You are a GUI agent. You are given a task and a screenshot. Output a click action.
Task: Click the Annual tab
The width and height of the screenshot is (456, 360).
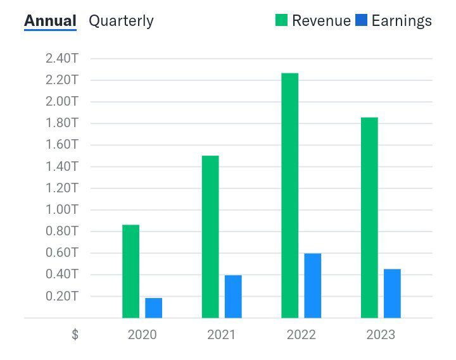click(x=50, y=20)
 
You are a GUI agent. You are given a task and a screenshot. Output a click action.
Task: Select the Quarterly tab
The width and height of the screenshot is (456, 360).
click(x=121, y=20)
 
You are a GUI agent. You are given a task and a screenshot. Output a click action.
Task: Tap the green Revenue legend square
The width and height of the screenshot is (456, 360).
click(x=281, y=20)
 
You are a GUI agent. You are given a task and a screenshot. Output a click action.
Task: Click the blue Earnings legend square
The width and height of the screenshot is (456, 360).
click(x=361, y=20)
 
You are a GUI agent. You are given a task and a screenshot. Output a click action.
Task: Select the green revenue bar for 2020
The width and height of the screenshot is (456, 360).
click(x=130, y=271)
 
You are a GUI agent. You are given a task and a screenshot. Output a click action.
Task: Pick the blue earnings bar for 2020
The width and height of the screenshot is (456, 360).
click(x=154, y=307)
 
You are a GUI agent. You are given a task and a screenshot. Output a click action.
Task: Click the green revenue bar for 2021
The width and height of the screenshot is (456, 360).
click(x=210, y=237)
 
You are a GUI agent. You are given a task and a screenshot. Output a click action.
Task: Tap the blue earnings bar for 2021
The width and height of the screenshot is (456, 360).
click(x=233, y=296)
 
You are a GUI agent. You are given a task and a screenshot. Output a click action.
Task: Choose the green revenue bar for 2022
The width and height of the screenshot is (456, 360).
click(x=290, y=196)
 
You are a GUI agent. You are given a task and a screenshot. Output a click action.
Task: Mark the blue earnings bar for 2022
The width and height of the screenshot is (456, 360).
click(x=313, y=285)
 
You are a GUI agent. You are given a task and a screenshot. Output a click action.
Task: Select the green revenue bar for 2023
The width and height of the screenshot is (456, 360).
click(x=369, y=218)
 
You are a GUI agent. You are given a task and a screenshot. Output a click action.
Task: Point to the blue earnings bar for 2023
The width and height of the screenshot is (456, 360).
click(x=393, y=293)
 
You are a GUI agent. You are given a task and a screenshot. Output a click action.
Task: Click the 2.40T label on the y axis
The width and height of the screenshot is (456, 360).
click(x=61, y=58)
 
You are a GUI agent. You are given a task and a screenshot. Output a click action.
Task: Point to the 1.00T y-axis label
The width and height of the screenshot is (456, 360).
click(x=61, y=209)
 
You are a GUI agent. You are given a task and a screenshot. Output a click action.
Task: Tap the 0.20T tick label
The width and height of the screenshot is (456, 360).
click(x=61, y=295)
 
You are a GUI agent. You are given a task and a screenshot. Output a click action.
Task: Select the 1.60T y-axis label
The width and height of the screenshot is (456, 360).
click(x=61, y=145)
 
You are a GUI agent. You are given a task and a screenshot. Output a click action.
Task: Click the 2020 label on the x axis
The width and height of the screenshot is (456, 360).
click(x=142, y=334)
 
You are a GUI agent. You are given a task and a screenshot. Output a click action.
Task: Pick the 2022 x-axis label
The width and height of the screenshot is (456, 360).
click(x=301, y=334)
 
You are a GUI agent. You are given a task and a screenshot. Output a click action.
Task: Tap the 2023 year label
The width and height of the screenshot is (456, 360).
click(x=381, y=334)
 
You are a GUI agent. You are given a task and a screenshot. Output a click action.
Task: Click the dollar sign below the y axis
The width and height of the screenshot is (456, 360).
click(x=75, y=335)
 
